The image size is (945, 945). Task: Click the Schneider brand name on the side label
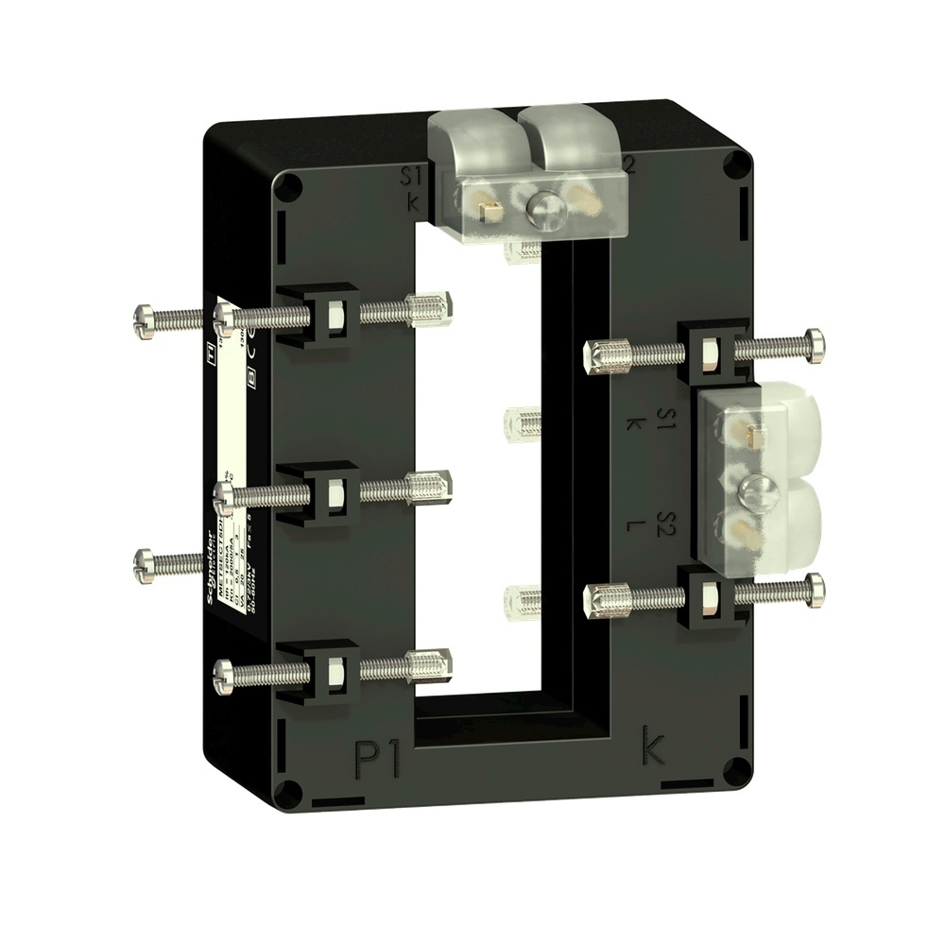pos(210,566)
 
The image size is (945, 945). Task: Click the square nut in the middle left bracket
pos(335,490)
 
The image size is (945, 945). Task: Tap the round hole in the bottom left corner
pos(294,792)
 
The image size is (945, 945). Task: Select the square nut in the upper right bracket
pos(710,352)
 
